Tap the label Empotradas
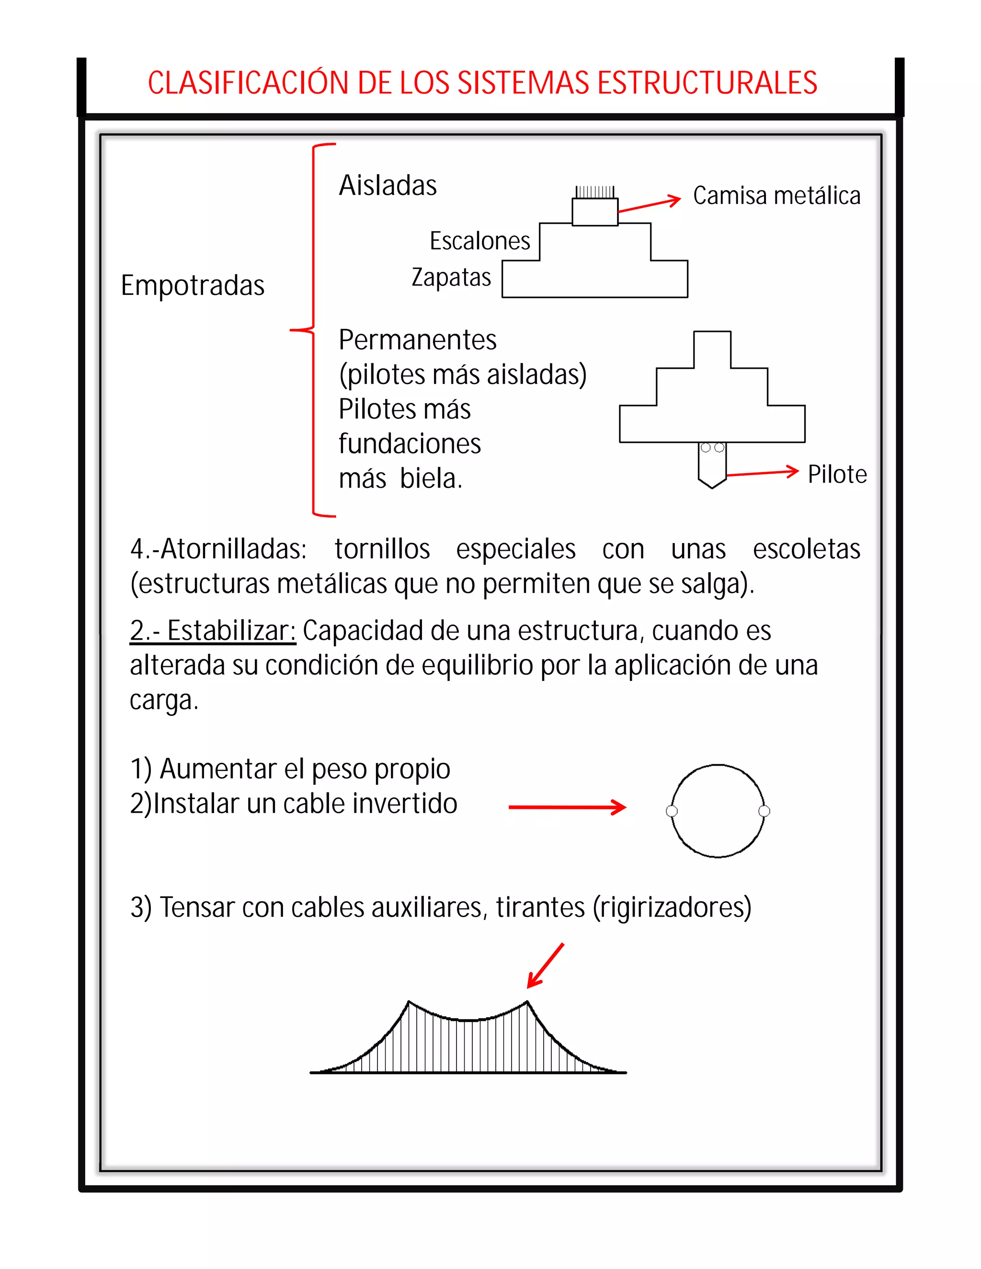coord(193,285)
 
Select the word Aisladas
coord(388,185)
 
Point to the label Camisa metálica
coord(776,196)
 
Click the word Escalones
coord(479,240)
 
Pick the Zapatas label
coord(451,277)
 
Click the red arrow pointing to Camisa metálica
coord(649,204)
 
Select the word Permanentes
coord(417,340)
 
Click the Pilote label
coord(837,474)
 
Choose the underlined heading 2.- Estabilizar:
coord(213,631)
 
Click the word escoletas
coord(806,549)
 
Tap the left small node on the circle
coord(672,811)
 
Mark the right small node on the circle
coord(764,811)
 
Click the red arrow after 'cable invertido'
coord(567,807)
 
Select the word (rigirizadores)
coord(672,907)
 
